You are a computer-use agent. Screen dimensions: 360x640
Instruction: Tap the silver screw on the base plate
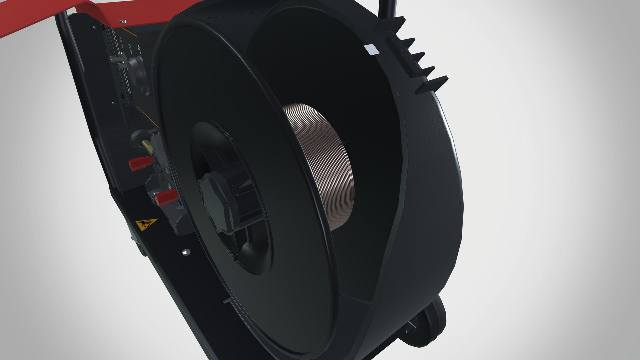(x=185, y=252)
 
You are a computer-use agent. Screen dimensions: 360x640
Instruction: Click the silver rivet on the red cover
(x=124, y=22)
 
